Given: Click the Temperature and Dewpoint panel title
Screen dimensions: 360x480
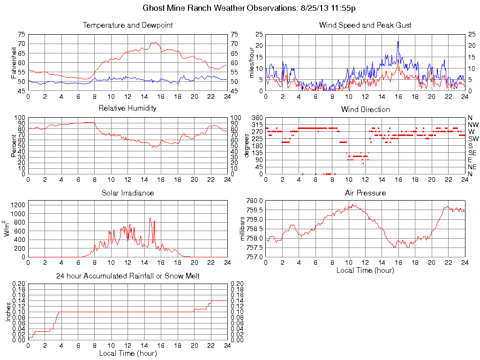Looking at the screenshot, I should point(128,25).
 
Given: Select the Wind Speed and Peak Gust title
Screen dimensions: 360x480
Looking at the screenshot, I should point(365,25).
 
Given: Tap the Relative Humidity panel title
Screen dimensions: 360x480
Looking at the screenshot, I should point(127,108).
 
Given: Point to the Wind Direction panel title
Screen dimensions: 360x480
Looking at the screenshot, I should point(365,109).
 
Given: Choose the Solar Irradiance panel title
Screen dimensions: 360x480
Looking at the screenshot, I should point(127,193).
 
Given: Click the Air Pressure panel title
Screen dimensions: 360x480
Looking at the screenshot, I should point(365,193).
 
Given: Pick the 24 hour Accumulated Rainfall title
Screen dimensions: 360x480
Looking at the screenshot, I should point(127,276).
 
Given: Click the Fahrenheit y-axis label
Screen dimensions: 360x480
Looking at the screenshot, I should point(14,62).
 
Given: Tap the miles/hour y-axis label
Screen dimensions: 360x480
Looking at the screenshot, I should point(252,62).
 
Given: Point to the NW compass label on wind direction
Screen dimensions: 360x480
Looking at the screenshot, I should point(473,125).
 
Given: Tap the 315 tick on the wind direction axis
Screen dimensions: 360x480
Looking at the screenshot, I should point(257,125).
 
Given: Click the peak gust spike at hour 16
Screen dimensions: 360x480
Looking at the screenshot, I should point(398,42).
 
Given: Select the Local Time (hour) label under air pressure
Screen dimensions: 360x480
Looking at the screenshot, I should point(365,270).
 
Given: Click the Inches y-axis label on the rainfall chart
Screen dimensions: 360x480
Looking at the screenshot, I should point(8,312).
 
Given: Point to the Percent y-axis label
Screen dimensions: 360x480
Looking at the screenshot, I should point(14,146).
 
